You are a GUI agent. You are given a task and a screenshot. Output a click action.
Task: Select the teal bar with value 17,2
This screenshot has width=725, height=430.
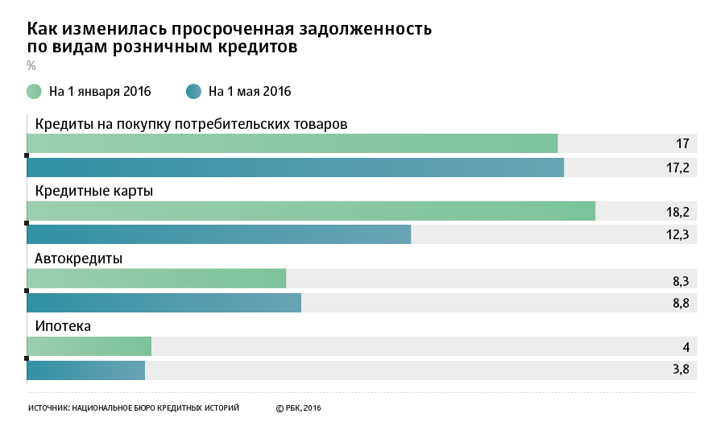pos(295,167)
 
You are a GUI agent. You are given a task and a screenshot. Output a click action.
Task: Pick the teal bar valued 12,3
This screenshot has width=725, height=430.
pos(218,234)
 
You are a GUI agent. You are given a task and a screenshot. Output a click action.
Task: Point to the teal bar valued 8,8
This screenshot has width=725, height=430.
pos(164,303)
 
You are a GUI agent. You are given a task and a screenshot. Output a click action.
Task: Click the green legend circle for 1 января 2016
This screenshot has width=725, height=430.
pos(34,91)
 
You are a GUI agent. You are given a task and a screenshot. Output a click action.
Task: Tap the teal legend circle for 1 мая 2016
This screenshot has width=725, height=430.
pos(193,91)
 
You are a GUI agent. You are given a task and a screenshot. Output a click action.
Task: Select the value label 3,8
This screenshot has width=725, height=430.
pos(681,370)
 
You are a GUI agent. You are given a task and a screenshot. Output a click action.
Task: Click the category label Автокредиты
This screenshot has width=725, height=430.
pos(78,258)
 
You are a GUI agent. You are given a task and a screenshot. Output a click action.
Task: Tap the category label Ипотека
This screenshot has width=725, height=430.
pos(63,326)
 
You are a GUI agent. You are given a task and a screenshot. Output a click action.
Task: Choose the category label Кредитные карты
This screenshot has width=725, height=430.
pos(93,191)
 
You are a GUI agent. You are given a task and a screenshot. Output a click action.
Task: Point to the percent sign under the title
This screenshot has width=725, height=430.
pos(31,65)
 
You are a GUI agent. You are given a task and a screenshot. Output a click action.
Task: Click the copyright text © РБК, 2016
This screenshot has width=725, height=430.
pos(298,408)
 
